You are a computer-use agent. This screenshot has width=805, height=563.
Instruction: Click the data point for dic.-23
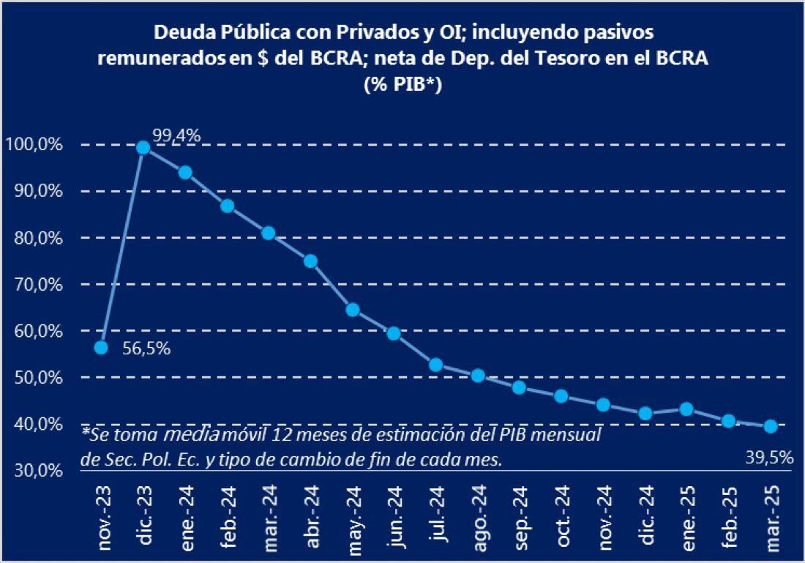coord(143,148)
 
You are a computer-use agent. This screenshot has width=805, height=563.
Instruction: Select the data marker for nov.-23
coord(102,347)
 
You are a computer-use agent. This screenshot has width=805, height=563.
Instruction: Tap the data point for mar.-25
coord(770,426)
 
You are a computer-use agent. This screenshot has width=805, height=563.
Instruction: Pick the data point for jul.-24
coord(435,365)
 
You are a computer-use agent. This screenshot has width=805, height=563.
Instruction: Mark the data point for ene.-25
coord(686,409)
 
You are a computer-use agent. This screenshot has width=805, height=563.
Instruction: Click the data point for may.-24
coord(352,310)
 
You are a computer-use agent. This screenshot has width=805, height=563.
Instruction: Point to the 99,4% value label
coord(176,135)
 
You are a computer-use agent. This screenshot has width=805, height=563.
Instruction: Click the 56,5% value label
coord(146,349)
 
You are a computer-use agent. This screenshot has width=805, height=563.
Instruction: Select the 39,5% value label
coord(770,458)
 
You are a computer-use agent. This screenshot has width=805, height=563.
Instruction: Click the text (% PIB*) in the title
coord(402,84)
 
